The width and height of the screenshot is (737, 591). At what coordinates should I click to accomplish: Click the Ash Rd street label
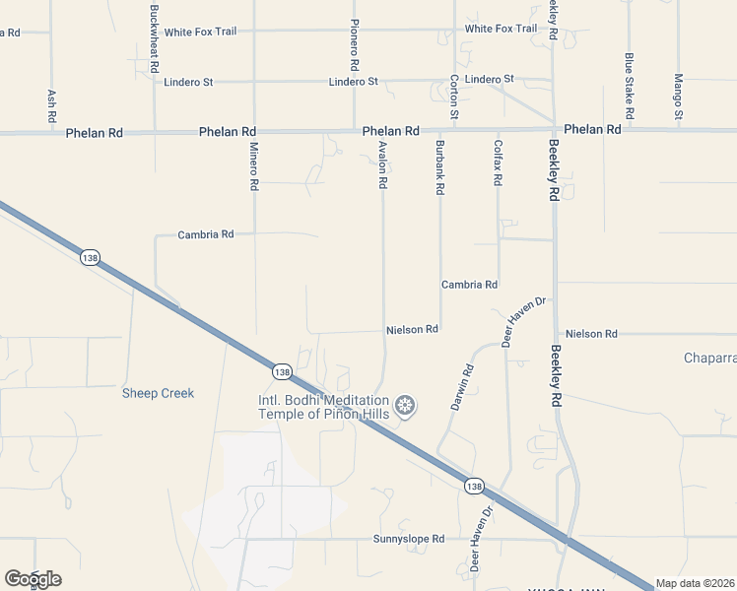[x=52, y=106]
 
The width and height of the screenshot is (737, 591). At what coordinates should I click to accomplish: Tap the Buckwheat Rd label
[x=154, y=38]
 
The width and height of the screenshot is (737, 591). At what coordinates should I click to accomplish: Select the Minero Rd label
[x=253, y=164]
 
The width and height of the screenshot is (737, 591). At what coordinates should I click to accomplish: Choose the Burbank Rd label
[x=440, y=166]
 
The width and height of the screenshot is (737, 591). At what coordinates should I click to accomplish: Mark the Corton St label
[x=454, y=98]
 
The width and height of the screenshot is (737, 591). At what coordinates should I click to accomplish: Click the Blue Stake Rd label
[x=628, y=80]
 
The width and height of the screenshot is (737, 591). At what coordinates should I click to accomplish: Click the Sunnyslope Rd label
[x=409, y=539]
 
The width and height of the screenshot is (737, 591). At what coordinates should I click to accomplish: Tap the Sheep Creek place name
[x=158, y=393]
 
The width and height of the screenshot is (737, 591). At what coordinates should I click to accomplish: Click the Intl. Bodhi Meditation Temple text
[x=323, y=407]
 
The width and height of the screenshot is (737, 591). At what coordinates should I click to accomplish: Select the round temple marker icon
[x=405, y=405]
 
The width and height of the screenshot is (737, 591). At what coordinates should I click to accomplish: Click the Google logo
[x=33, y=579]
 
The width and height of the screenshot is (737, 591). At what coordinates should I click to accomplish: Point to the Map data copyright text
[x=696, y=583]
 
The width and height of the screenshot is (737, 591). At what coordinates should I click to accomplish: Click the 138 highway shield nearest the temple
[x=282, y=371]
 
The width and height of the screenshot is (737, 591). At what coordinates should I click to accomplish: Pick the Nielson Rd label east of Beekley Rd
[x=591, y=334]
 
